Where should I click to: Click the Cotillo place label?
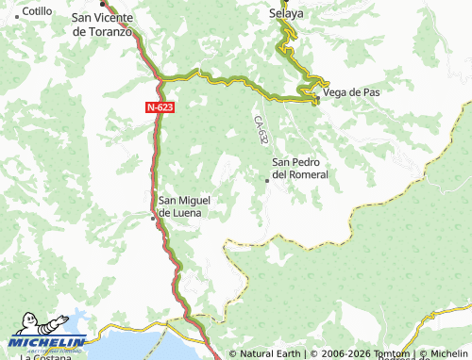pyautogui.click(x=37, y=11)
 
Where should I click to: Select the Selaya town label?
pyautogui.click(x=286, y=13)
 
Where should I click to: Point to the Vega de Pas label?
pyautogui.click(x=351, y=92)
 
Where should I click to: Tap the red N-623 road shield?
pyautogui.click(x=159, y=108)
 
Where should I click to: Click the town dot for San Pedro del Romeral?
pyautogui.click(x=267, y=180)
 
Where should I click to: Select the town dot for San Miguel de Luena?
pyautogui.click(x=154, y=218)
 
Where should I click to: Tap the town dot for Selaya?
pyautogui.click(x=286, y=3)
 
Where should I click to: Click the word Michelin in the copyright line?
pyautogui.click(x=449, y=354)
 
